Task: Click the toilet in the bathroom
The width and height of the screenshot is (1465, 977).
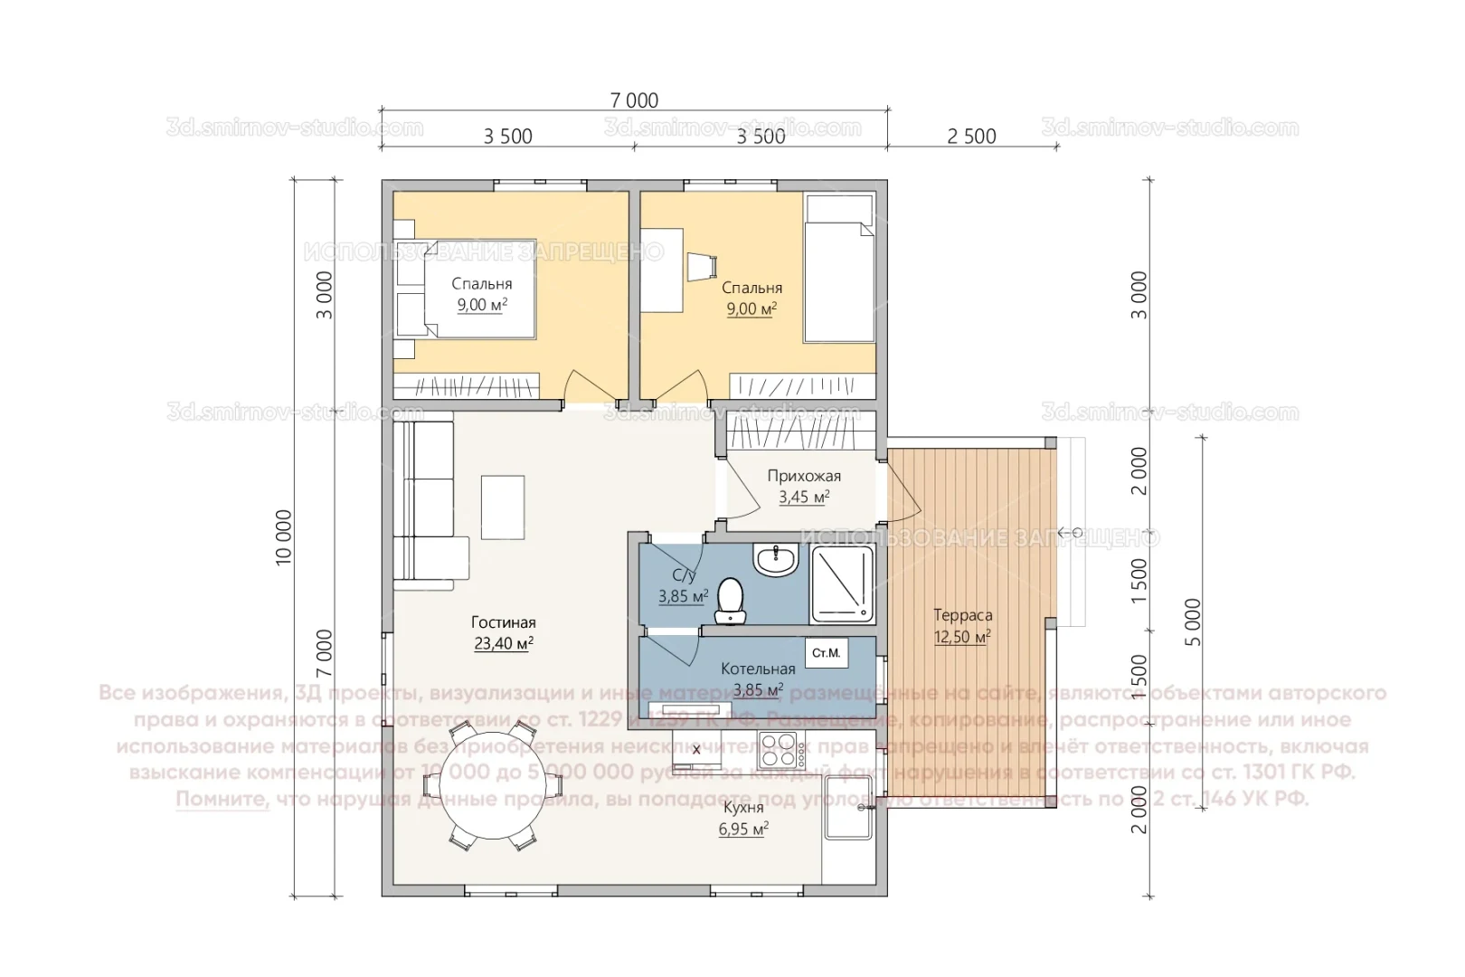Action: (x=729, y=601)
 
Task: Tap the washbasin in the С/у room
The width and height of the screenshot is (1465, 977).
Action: (x=776, y=561)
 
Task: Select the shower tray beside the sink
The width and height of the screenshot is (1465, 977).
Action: (x=842, y=585)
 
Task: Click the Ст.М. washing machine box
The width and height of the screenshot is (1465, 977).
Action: (x=826, y=652)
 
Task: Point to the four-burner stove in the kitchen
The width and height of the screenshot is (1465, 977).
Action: (x=782, y=749)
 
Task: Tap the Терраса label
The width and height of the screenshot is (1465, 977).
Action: (x=962, y=615)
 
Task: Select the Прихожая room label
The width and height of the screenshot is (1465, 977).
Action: (x=804, y=476)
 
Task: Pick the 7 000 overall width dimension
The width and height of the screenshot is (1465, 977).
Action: (x=634, y=100)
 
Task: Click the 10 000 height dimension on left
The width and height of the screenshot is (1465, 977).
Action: (x=285, y=538)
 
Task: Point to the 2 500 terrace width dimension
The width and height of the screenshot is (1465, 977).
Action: (x=971, y=137)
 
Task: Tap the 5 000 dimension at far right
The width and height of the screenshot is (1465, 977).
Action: (x=1194, y=621)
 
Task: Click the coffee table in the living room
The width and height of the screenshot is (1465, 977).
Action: (x=502, y=507)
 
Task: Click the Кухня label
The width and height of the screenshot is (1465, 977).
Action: (x=743, y=808)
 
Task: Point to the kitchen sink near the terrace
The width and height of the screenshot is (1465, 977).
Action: (x=847, y=822)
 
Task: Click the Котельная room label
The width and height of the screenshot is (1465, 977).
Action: (x=758, y=669)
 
